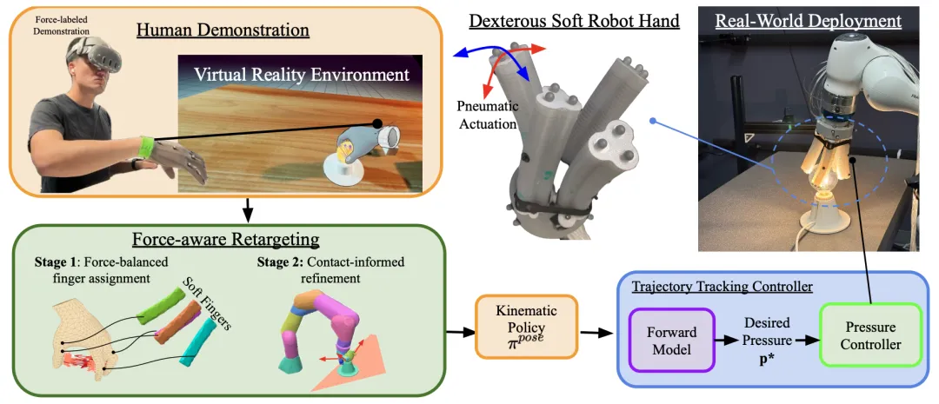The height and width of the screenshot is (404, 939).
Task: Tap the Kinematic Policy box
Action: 525,327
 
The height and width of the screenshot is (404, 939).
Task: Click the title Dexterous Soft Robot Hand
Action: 574,20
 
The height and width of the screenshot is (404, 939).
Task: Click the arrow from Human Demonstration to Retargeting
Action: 249,209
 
